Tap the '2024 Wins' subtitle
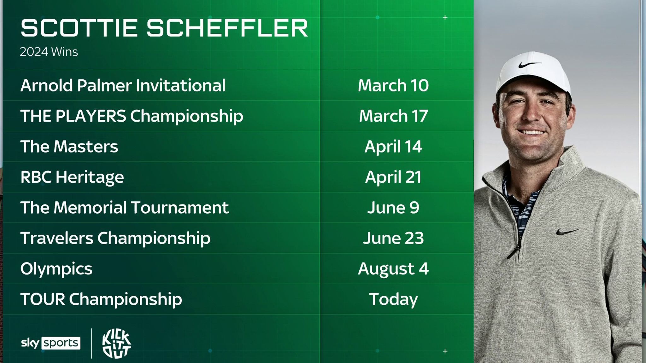[x=49, y=52]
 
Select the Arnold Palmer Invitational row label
[x=123, y=85]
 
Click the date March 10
[x=393, y=85]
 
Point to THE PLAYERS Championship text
[x=132, y=116]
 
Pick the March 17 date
[x=393, y=116]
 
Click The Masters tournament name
[x=69, y=147]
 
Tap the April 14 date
[x=393, y=147]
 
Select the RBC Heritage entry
[x=72, y=177]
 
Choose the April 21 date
[x=393, y=177]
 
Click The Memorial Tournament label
[x=124, y=208]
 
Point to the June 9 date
[x=393, y=208]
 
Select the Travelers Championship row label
[x=115, y=238]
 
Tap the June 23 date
[x=393, y=238]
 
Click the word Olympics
[x=56, y=269]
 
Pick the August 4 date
[x=393, y=269]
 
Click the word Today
[x=393, y=299]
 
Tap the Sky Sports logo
[x=50, y=343]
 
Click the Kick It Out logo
[x=116, y=343]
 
